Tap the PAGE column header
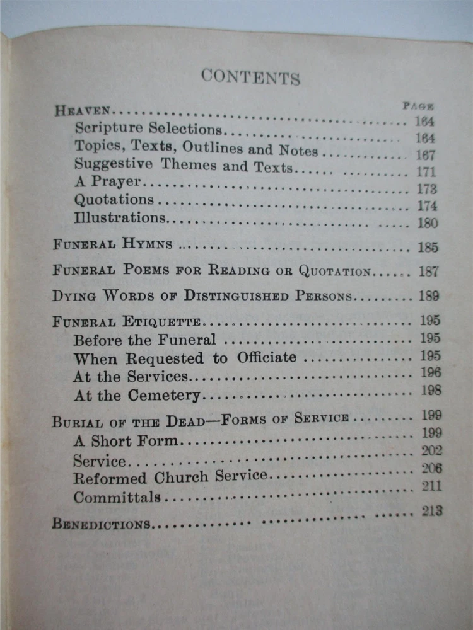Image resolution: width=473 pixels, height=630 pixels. coord(418,106)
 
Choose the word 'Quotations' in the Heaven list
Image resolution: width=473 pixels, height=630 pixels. coord(114,200)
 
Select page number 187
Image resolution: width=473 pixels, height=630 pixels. coord(428,272)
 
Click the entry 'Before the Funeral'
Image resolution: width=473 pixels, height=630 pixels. coord(144,340)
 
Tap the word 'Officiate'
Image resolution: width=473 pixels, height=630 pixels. coord(266,358)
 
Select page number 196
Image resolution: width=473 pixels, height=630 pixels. coord(430,373)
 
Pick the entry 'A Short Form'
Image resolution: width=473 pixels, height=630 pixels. coord(126,440)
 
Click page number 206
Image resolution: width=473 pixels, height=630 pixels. coord(431,468)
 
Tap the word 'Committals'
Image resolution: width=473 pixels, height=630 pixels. coord(117,497)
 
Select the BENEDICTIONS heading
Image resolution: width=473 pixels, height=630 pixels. coord(101,524)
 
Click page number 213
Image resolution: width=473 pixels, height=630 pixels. coord(432,511)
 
